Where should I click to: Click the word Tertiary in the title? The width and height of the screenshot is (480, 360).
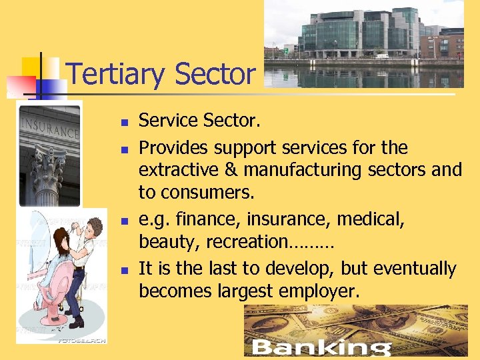[x=113, y=75]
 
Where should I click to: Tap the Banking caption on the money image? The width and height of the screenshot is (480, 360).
[x=321, y=347]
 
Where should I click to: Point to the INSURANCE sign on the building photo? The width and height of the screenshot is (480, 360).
[x=49, y=127]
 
